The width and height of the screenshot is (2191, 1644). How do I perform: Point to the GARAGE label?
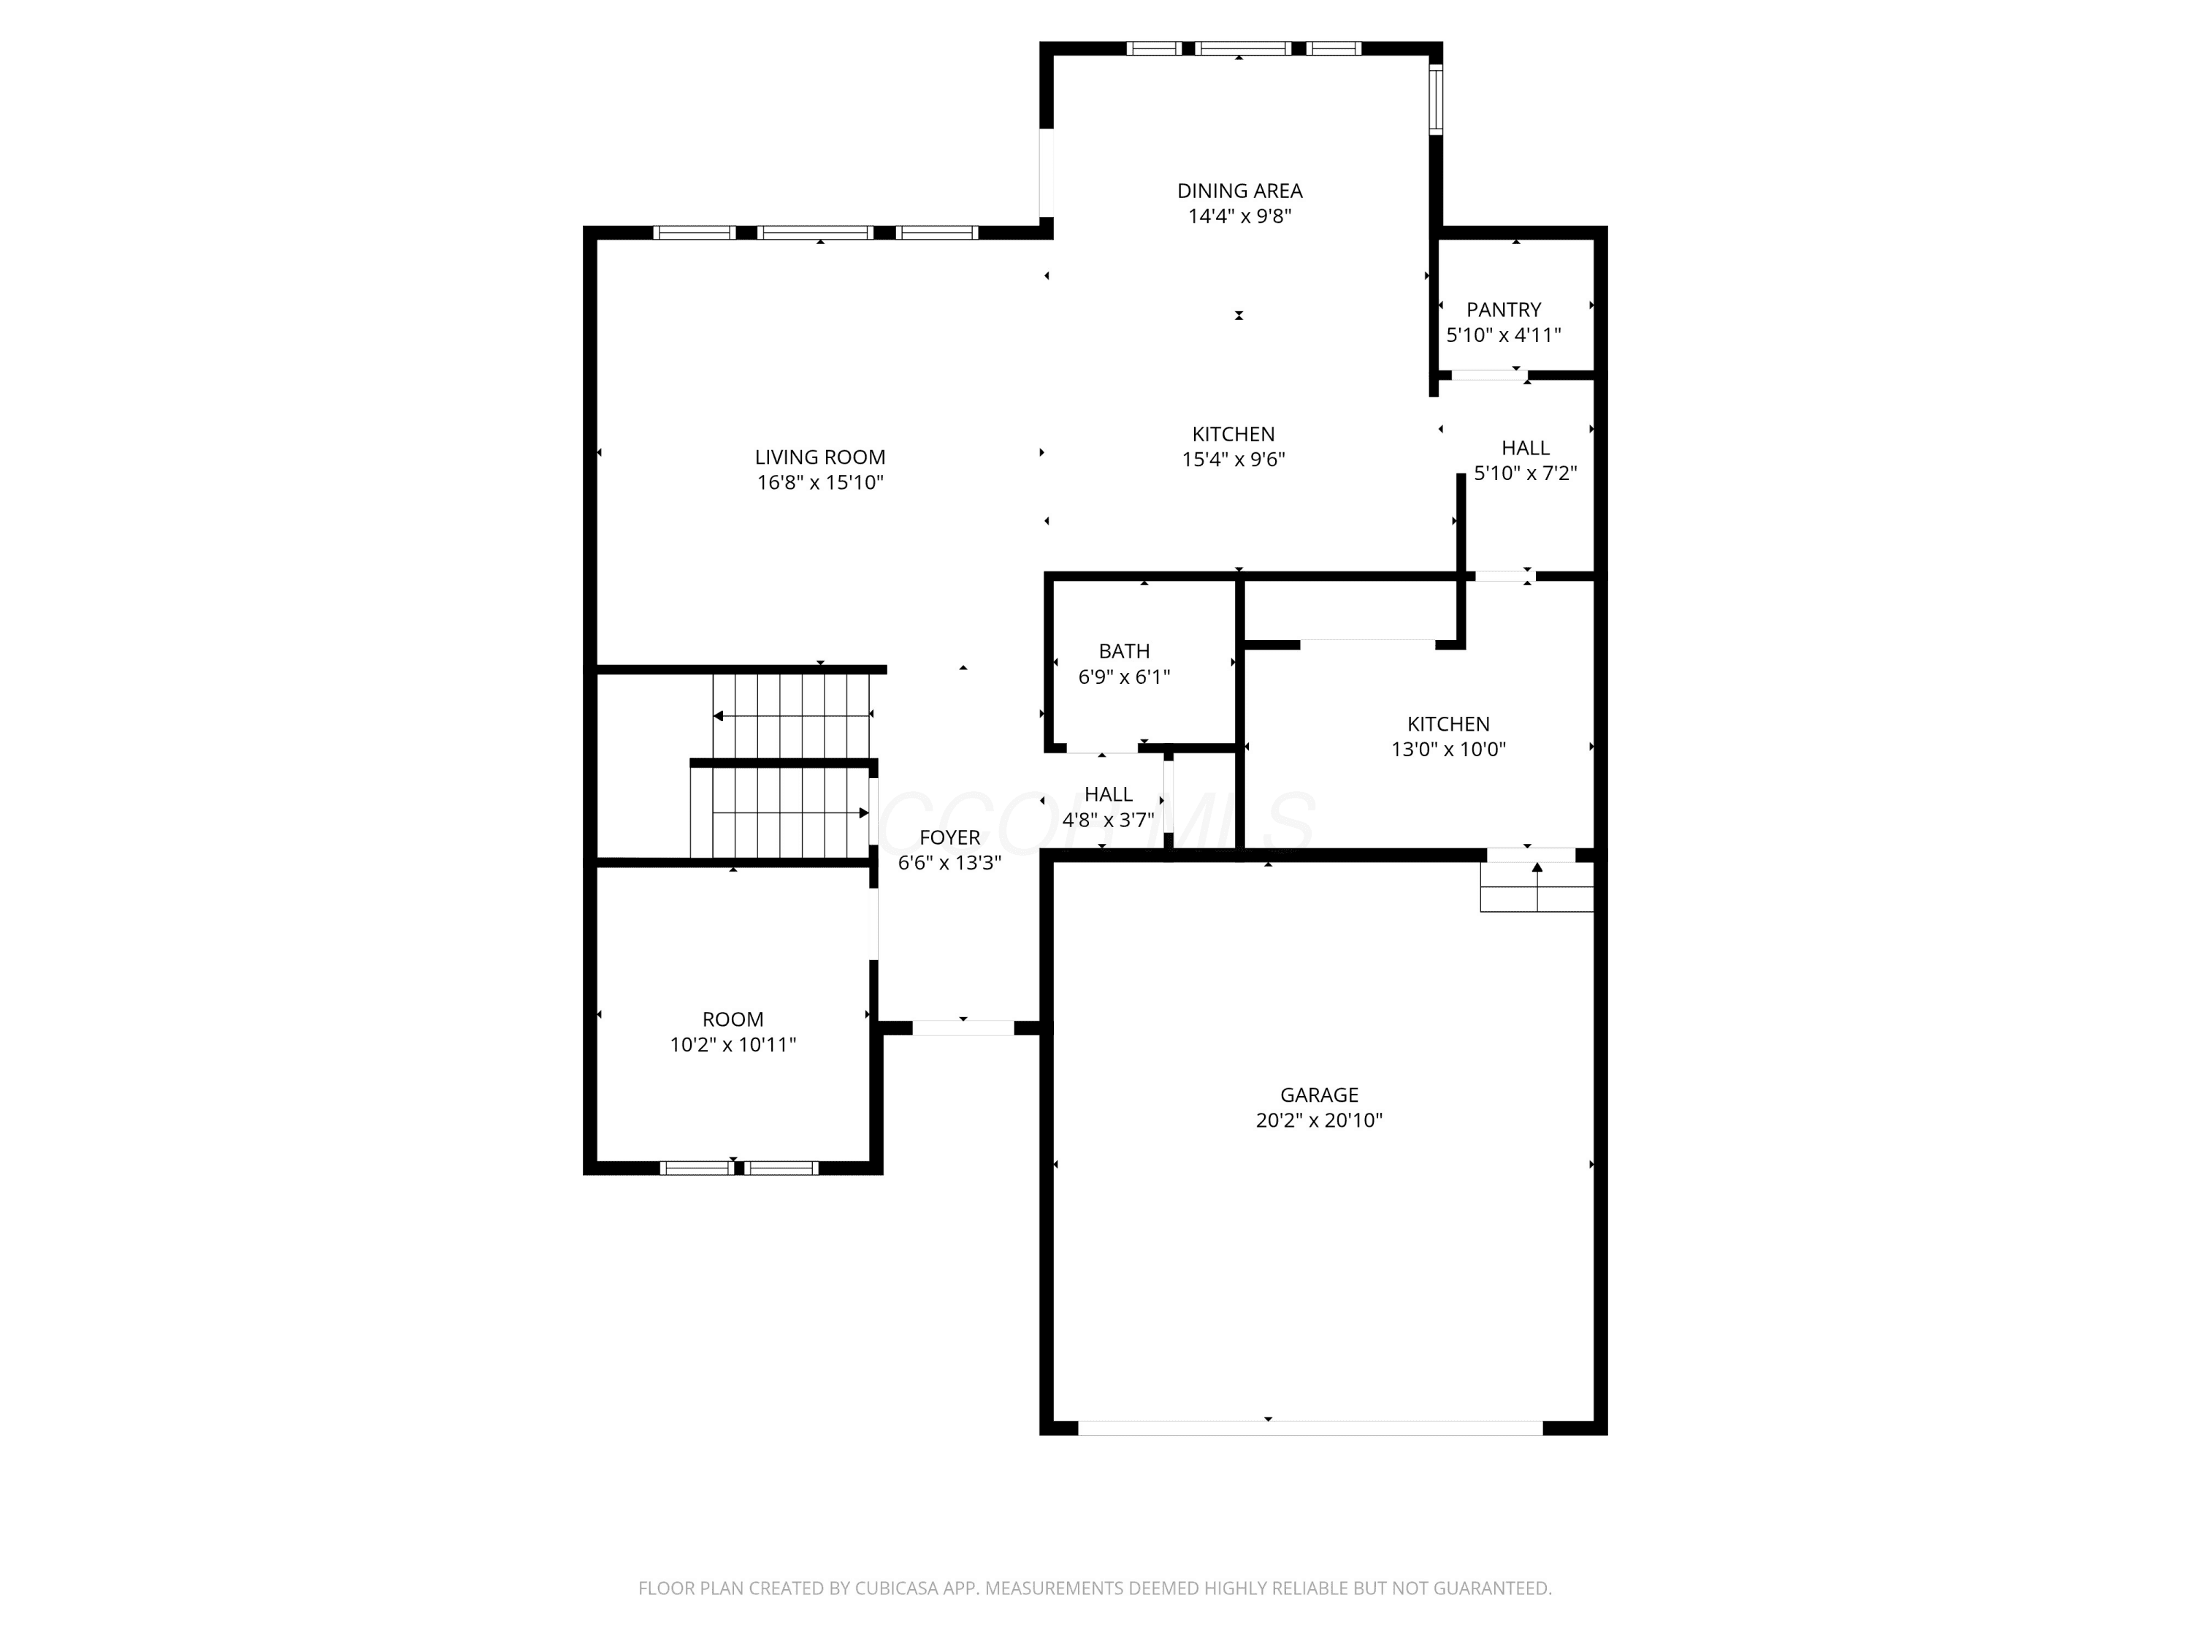1320,1095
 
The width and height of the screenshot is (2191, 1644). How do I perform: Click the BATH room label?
1124,652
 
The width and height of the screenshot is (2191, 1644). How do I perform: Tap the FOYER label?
950,838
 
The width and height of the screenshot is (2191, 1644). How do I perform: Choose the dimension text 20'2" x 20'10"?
1320,1121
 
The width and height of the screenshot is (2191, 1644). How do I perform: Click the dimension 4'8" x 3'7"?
1109,821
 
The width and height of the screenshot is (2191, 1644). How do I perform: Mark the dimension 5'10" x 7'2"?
1526,473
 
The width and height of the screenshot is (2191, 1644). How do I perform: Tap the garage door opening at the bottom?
1310,1428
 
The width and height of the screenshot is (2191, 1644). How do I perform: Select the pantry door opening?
1488,375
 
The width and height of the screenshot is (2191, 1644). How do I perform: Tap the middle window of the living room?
817,233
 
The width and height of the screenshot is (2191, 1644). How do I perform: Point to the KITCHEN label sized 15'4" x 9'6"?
1234,435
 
